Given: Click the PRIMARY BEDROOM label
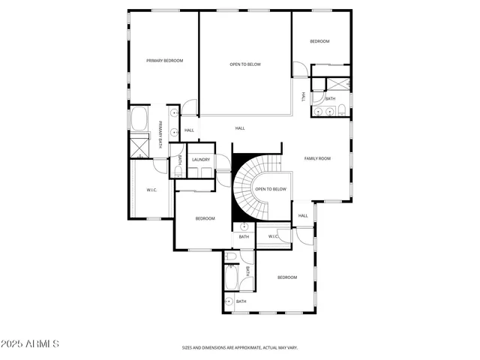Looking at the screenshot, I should pos(164,61).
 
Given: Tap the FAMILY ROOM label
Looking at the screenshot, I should pos(316,158).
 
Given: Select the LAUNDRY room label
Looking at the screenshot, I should pos(200,160).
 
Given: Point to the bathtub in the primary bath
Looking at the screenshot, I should pos(139,120).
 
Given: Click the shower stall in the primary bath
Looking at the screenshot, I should pos(139,145).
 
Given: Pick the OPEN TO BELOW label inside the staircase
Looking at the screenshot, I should pos(270,189).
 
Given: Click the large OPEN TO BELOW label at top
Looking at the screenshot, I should pos(244,64).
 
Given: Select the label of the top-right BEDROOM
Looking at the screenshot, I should pos(319,41).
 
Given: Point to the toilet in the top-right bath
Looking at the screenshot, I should pos(342,112).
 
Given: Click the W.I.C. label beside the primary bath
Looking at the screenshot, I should pos(151,190).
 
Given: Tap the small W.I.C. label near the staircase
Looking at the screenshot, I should pos(273,237).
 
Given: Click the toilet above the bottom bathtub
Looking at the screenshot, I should pos(232,257).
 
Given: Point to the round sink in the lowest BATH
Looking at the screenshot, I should pos(229,301).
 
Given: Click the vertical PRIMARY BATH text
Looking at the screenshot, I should pos(160,136).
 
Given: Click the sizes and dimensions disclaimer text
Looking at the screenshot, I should pos(240,348).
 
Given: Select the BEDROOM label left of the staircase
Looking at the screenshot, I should pos(205,218).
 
